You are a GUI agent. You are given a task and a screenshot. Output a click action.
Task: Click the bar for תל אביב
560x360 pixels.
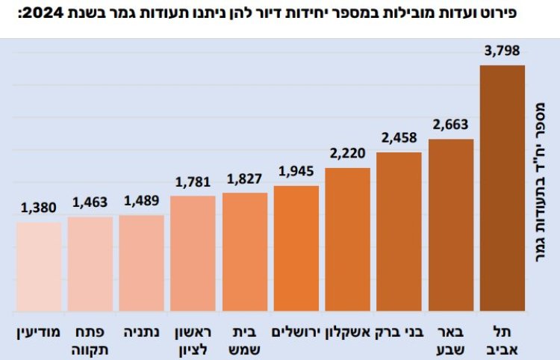pos(503,188)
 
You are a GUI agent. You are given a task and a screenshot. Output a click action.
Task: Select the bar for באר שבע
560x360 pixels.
pos(451,225)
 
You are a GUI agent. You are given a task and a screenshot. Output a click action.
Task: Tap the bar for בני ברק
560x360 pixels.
pos(399,232)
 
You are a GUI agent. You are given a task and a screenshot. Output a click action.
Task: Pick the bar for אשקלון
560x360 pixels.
pos(348,240)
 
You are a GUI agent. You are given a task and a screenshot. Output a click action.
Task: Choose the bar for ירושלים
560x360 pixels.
pos(296,248)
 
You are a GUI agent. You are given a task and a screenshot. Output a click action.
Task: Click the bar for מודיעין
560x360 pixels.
pos(39,267)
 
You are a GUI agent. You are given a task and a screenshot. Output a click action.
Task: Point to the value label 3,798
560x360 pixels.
pos(502,52)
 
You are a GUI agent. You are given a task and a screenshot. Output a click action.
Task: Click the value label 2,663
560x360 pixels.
pos(451,125)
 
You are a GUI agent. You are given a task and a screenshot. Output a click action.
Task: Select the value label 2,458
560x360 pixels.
pos(399,138)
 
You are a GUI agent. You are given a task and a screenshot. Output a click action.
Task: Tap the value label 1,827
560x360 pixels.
pos(245,179)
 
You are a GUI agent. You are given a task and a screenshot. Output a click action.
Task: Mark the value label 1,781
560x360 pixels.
pos(193,181)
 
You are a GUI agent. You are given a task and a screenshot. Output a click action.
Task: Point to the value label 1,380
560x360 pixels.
pos(39,208)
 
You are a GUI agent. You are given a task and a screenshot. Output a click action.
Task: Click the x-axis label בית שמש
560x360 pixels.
pos(245,338)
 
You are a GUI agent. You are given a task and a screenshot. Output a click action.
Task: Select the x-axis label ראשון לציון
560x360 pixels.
pos(193,338)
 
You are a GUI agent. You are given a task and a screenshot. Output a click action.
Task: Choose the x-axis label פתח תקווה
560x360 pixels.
pos(90,338)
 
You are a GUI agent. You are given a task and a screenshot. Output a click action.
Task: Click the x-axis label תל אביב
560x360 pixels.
pos(503,338)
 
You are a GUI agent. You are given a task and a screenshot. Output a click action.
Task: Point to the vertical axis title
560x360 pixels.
pos(541,187)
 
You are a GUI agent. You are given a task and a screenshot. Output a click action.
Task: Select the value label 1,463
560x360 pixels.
pos(90,202)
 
